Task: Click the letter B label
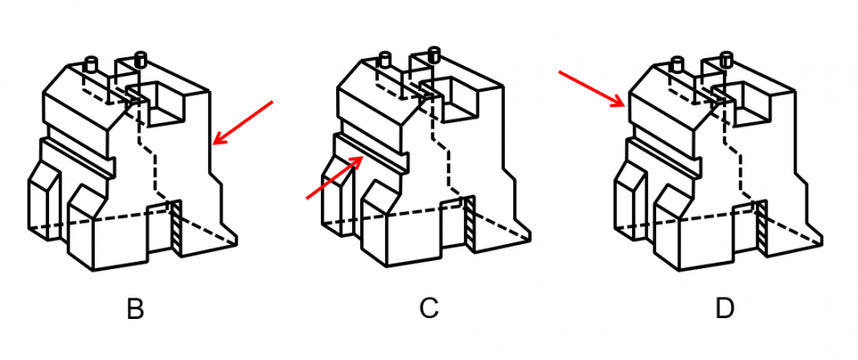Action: (135, 309)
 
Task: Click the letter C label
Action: (429, 308)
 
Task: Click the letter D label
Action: (725, 308)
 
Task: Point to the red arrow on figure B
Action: (242, 123)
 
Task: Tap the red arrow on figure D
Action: (592, 88)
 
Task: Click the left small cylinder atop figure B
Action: (91, 64)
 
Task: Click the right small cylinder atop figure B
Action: (140, 59)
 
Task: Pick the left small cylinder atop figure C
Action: (384, 60)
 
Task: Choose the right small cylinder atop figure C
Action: (434, 54)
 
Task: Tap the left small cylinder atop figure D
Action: (677, 64)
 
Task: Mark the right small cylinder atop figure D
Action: (726, 59)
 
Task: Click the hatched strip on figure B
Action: (176, 228)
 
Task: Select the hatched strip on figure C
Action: (469, 223)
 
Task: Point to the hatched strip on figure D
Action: (761, 228)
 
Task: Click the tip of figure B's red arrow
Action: (213, 145)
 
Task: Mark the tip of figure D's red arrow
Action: (626, 106)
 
